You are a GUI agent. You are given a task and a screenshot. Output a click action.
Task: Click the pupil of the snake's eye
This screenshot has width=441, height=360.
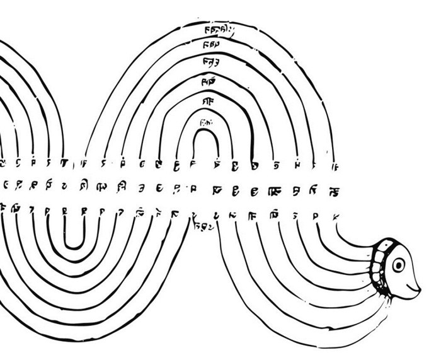click(399, 265)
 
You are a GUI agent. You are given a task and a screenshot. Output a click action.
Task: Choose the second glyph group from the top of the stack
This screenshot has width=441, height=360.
click(212, 45)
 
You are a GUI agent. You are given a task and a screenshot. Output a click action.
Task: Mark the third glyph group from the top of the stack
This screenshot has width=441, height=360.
click(210, 62)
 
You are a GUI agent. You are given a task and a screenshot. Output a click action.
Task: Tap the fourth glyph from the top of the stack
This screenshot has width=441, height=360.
click(209, 81)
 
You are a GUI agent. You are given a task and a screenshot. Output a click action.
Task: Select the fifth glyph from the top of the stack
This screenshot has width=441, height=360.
click(207, 101)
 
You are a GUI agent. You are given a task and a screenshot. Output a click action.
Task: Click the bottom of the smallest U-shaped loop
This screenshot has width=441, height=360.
click(74, 247)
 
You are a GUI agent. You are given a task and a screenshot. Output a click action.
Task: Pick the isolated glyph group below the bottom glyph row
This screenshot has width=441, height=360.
click(205, 224)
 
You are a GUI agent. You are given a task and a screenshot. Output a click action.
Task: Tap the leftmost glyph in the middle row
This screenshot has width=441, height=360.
click(6, 186)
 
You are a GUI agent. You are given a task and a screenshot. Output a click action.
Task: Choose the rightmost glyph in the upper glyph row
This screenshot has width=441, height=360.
click(334, 166)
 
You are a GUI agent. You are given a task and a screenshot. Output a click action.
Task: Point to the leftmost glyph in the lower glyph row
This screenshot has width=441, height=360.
click(6, 207)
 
